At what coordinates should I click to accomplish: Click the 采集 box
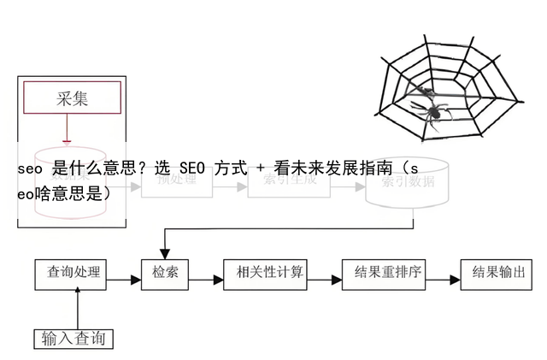[x=72, y=98]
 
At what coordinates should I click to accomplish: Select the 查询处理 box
[x=74, y=273]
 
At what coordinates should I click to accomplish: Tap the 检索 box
[x=165, y=274]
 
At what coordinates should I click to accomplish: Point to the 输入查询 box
[x=74, y=339]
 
